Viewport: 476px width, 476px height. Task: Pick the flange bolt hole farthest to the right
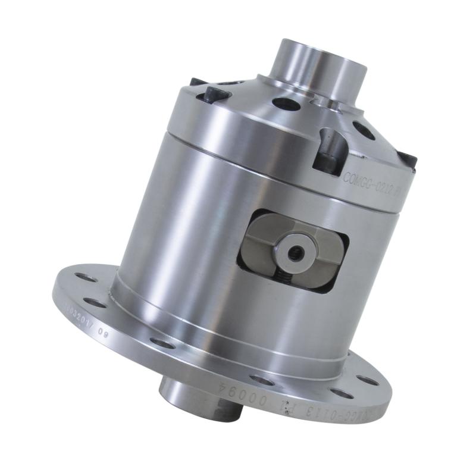[x=367, y=381]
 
